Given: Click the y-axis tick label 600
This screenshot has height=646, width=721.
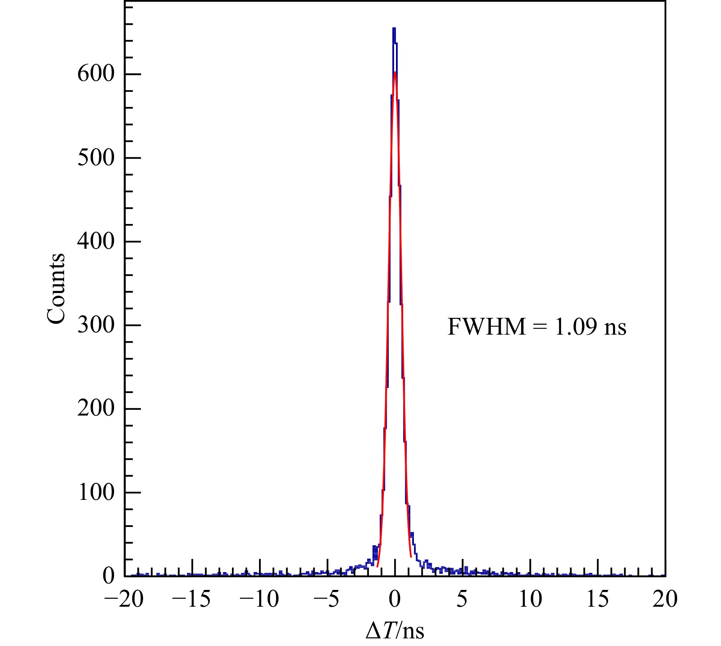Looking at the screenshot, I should pos(96,74).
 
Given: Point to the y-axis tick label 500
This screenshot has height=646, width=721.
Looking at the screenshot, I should pos(96,158).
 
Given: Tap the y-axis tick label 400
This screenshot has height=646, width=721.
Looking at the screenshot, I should pos(96,241).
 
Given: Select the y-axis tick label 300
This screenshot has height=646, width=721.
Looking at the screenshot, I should pos(96,325).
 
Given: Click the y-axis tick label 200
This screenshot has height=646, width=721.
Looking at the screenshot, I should pos(96,409).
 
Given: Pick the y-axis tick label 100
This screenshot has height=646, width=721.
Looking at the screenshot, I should pos(96,492).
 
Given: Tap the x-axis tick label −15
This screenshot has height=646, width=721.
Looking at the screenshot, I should pos(192,599).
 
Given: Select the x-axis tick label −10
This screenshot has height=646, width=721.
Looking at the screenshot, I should pos(259,599).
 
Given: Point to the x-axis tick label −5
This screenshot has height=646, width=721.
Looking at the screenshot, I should pos(327,599).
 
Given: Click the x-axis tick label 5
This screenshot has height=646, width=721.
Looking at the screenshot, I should pos(462,599).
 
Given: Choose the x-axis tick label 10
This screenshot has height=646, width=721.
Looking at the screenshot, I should pos(530,599).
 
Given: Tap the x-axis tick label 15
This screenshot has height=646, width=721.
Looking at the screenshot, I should pos(597,599).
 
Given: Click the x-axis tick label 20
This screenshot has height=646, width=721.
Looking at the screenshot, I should pos(665,599).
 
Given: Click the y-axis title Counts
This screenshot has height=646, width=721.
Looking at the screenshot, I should pos(56,288).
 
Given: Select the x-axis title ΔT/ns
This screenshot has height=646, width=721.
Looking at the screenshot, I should pos(395,630).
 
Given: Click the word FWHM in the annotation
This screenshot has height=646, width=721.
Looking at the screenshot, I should pos(486,327).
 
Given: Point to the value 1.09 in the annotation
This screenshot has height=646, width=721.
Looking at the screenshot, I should pos(576,327).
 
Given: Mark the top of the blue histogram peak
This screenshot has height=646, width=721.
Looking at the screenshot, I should pos(394,28).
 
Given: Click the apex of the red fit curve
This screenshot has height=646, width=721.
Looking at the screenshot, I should pos(395,72).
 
